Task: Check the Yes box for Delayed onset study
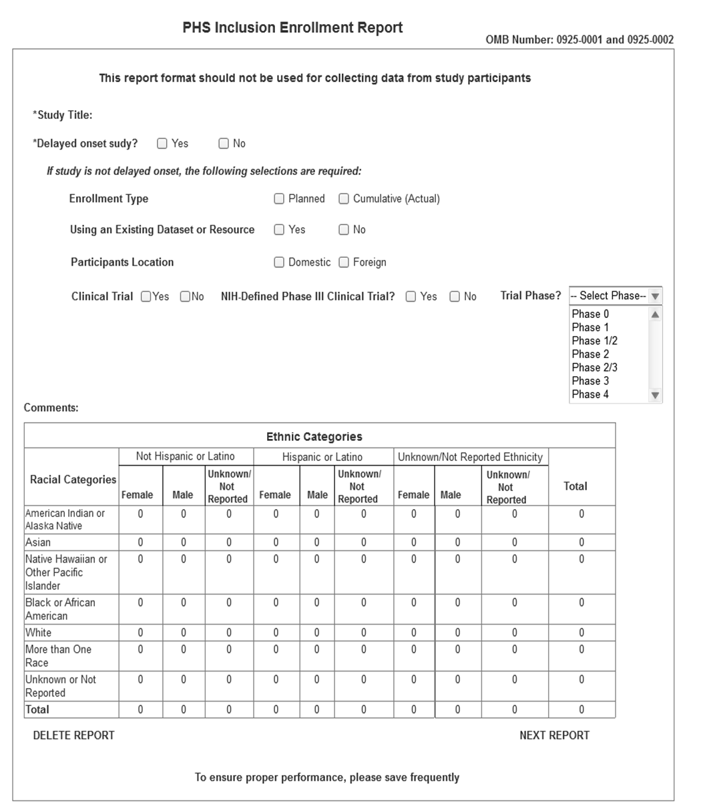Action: point(162,144)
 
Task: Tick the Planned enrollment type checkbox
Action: point(279,198)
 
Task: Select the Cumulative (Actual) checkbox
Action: point(344,198)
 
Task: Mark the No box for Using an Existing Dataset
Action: point(344,230)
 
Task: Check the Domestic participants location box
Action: point(279,263)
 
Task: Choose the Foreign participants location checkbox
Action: point(344,263)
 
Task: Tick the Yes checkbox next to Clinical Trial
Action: point(146,297)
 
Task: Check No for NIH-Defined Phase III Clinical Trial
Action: point(455,297)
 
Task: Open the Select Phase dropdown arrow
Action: point(656,296)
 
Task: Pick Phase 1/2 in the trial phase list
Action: point(594,341)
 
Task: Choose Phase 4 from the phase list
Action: point(590,394)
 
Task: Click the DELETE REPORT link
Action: point(74,736)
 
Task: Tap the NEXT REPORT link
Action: point(554,736)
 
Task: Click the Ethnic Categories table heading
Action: point(314,437)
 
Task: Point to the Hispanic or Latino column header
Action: point(322,457)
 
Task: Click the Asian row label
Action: point(38,542)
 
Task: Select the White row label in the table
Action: point(39,633)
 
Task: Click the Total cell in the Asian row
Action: point(581,542)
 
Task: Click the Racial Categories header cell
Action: point(73,480)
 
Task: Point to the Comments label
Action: point(51,408)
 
